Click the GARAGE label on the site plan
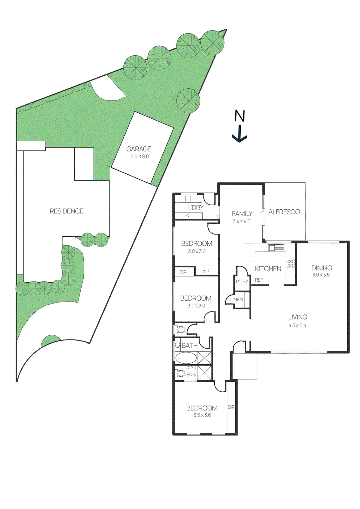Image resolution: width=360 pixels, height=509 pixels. [139, 149]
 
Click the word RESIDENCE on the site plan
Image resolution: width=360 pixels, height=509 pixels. [66, 211]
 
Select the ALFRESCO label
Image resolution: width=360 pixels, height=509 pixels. [284, 212]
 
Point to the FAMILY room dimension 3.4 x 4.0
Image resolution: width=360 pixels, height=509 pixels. [241, 222]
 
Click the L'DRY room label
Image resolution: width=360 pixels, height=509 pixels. [196, 208]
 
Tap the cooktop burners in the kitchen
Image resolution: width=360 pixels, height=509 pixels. [290, 263]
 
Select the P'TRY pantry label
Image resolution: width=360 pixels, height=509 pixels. [242, 282]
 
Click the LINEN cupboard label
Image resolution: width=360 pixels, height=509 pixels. [236, 300]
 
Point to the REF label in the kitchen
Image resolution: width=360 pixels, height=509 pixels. [259, 280]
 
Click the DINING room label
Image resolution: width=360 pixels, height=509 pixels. [322, 268]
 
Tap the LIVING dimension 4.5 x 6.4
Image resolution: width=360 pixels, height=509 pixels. [297, 325]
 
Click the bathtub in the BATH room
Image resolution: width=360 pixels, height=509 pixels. [186, 358]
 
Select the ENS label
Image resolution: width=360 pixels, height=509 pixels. [191, 375]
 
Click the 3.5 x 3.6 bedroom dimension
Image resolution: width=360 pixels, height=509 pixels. [202, 415]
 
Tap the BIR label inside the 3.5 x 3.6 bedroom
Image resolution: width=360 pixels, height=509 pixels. [231, 407]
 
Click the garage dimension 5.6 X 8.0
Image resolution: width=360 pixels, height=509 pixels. [139, 157]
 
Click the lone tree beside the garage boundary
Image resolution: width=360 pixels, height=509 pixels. [188, 101]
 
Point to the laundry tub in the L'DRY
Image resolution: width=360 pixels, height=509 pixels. [188, 199]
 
